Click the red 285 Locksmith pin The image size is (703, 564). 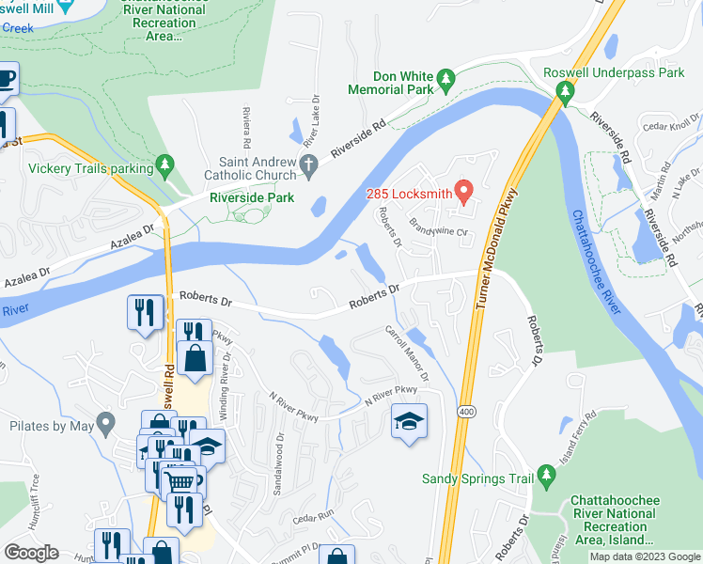(x=462, y=192)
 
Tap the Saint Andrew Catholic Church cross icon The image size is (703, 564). (x=309, y=166)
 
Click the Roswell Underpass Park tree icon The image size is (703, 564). (x=566, y=91)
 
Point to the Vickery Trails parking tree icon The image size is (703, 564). (x=166, y=167)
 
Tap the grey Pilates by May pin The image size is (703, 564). (x=106, y=424)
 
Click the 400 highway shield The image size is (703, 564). (x=466, y=412)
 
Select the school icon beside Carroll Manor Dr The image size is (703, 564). (x=409, y=423)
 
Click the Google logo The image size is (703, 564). (x=32, y=553)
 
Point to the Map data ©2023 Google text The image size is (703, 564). (x=645, y=556)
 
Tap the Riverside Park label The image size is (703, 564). (x=251, y=197)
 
